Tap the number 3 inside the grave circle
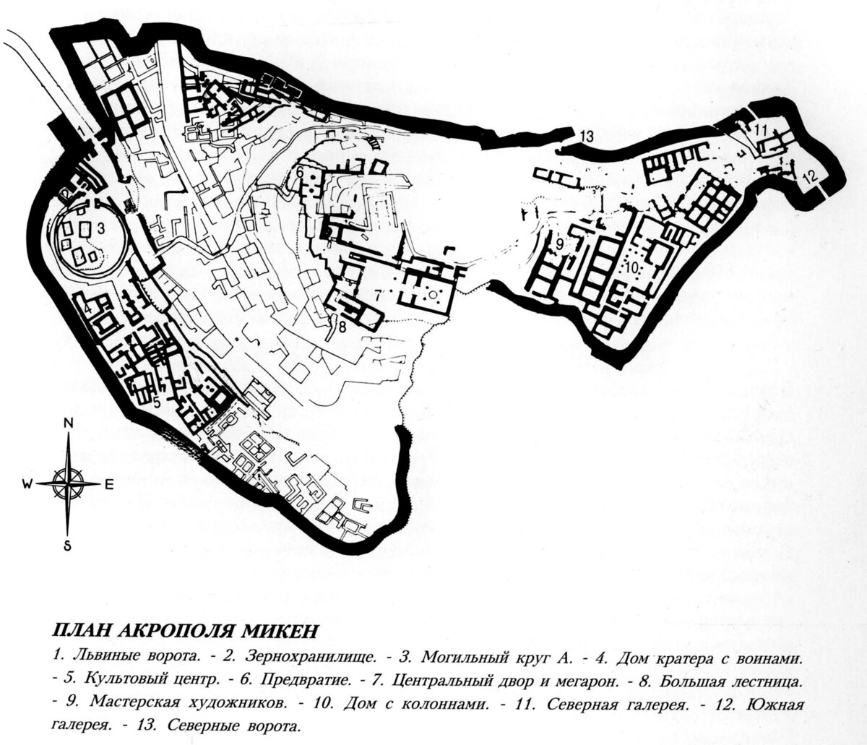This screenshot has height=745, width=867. pyautogui.click(x=102, y=228)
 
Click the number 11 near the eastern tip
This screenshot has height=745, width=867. pyautogui.click(x=762, y=130)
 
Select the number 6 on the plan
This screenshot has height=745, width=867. pyautogui.click(x=298, y=173)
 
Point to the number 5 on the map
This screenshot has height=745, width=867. pyautogui.click(x=155, y=402)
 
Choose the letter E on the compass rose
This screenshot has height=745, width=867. pyautogui.click(x=108, y=485)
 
